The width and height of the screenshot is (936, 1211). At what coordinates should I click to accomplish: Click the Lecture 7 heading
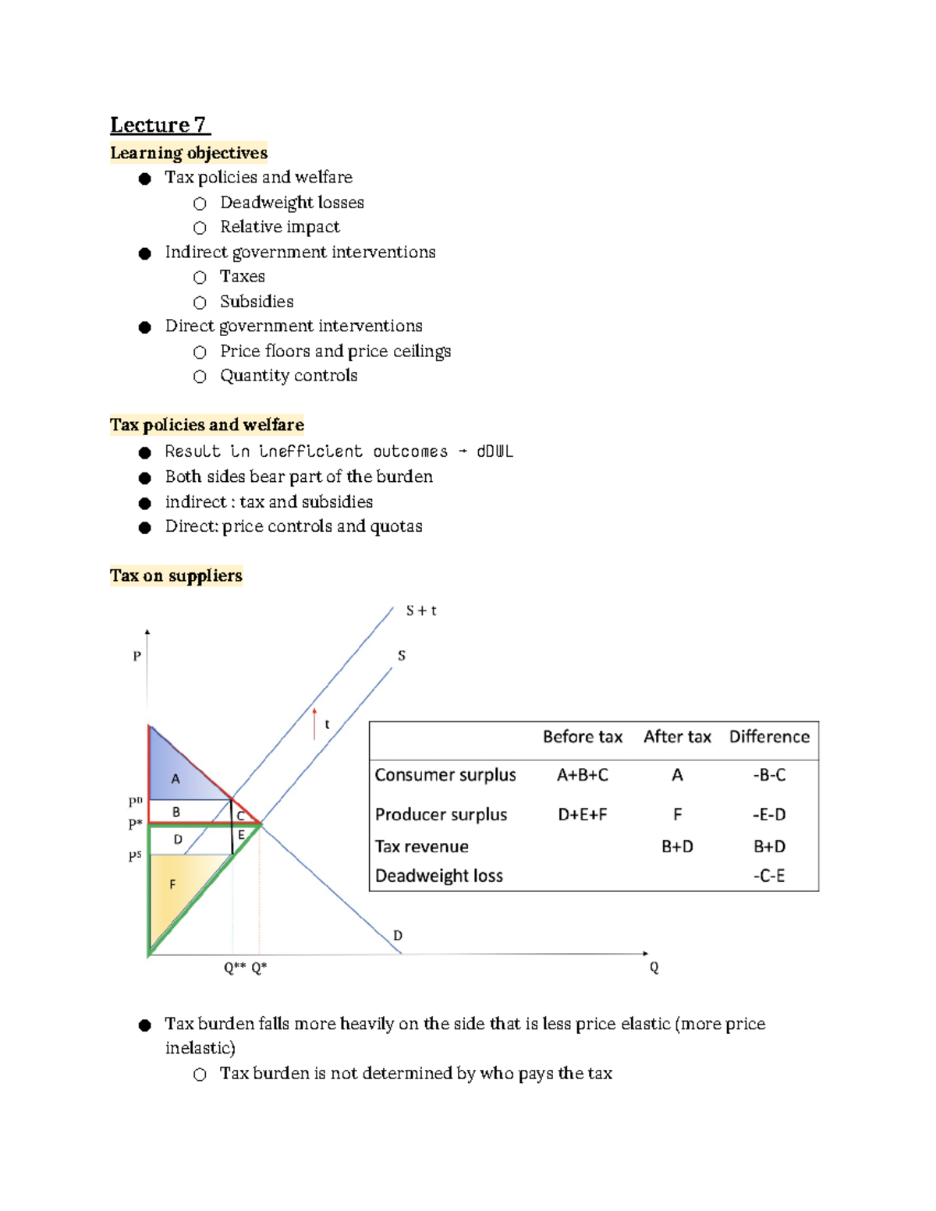(158, 125)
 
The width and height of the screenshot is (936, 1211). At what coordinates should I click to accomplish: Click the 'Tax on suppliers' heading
(176, 575)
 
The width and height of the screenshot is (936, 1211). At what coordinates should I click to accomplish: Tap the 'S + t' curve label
(421, 611)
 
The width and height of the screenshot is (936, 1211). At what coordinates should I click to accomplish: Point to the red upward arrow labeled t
(314, 723)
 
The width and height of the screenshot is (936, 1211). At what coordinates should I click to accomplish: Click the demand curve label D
(398, 935)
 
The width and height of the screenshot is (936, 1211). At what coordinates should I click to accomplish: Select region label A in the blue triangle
(175, 778)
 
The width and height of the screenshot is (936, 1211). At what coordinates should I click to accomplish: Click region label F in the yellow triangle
(172, 884)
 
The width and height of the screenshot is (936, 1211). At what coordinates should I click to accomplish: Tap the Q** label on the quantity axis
(234, 968)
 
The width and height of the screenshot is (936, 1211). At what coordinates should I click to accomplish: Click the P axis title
(137, 656)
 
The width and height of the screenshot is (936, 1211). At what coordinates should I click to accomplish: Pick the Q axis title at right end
(654, 967)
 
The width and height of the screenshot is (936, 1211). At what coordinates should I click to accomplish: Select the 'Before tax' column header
(582, 737)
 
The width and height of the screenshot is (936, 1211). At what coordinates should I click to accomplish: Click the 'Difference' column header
(769, 737)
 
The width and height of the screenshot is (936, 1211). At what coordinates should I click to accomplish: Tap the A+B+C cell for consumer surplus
(582, 775)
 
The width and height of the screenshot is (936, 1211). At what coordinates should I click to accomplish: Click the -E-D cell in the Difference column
(769, 814)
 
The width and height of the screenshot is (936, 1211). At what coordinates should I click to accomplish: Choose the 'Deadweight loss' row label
(438, 876)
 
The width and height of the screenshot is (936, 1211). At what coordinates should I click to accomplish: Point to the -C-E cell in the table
(769, 876)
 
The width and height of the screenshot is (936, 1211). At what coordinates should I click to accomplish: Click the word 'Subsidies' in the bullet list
(257, 301)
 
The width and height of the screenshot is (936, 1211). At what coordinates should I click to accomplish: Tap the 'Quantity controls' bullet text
(289, 375)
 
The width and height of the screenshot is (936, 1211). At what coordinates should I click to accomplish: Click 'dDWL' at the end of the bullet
(495, 451)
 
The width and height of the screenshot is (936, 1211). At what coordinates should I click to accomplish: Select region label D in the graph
(178, 839)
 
